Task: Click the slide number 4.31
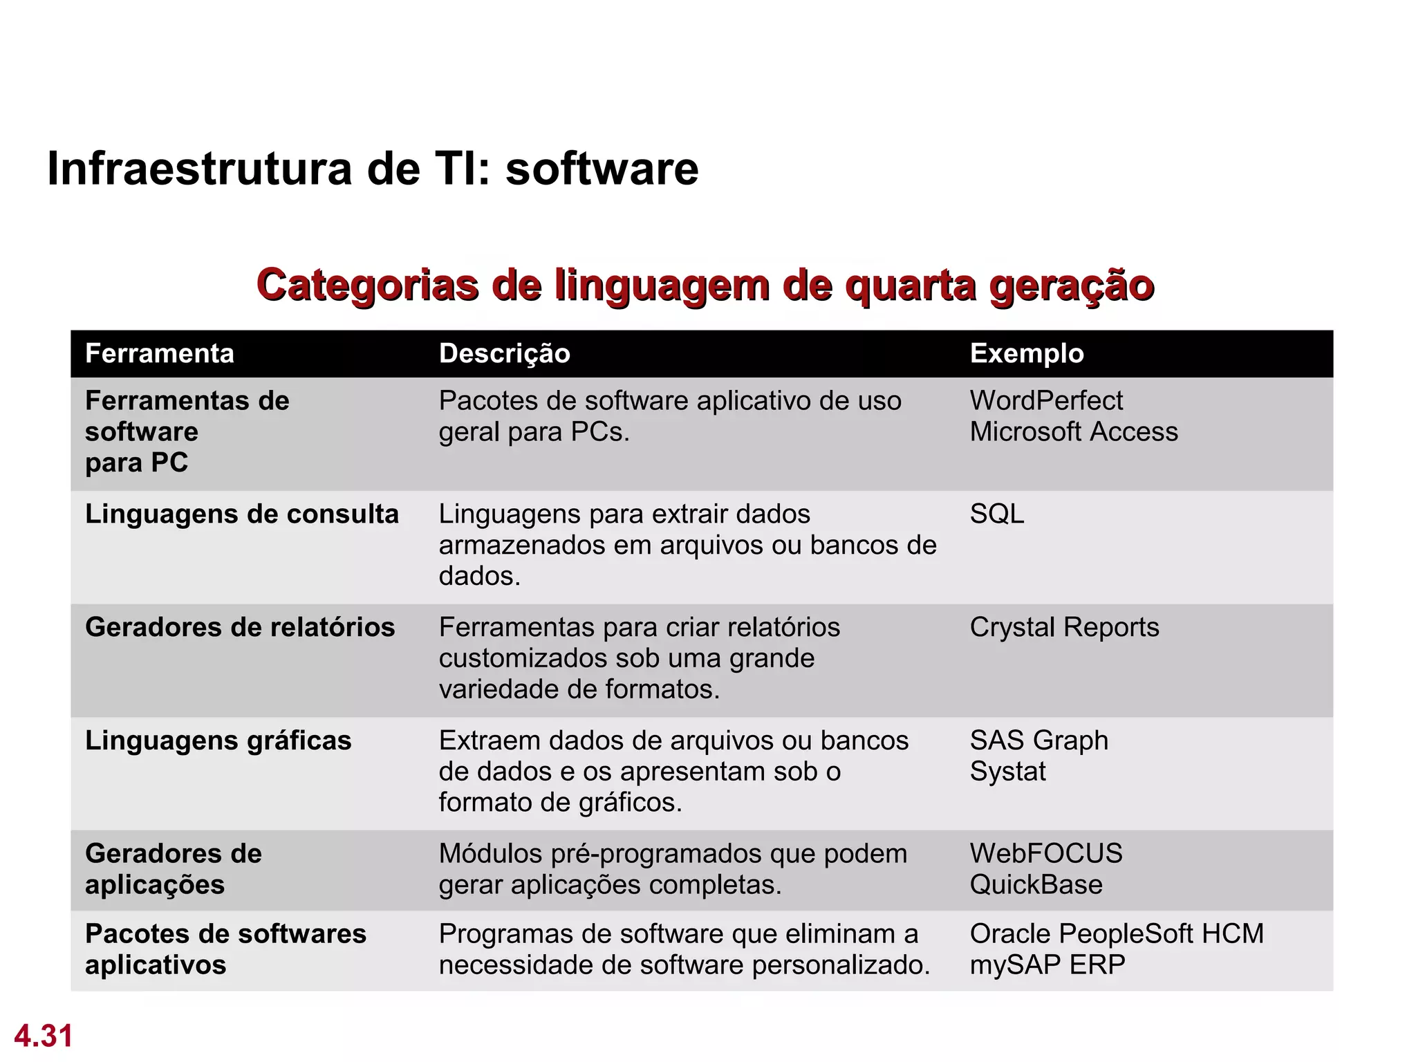click(x=44, y=1036)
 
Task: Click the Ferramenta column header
click(x=160, y=353)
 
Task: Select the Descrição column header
click(x=504, y=353)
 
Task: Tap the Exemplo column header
click(x=1027, y=353)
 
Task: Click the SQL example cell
click(x=996, y=514)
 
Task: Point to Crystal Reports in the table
click(x=1064, y=627)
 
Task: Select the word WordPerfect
click(x=1046, y=400)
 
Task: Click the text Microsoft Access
click(x=1074, y=431)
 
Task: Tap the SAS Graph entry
click(x=1038, y=740)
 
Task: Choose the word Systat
click(x=1007, y=771)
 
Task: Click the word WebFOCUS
click(x=1046, y=853)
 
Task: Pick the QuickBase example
click(x=1036, y=884)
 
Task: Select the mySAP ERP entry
click(x=1047, y=965)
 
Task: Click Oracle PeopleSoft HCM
click(x=1117, y=933)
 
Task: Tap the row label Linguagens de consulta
click(x=242, y=514)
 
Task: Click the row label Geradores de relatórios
click(x=240, y=627)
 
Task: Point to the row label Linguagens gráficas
click(x=218, y=740)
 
